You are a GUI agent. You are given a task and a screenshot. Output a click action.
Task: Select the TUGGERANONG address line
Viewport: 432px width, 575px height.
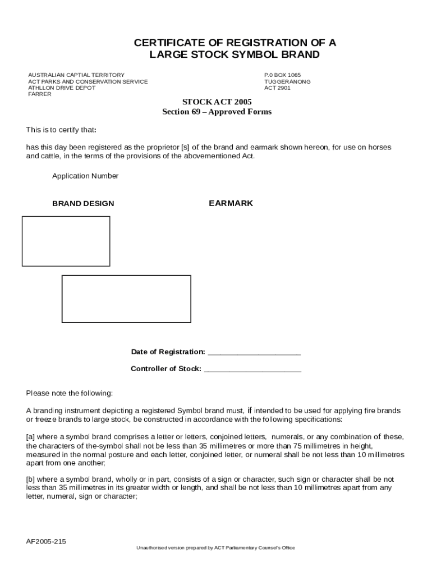pos(287,81)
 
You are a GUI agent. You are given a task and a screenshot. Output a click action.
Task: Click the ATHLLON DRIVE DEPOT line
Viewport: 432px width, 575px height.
pos(62,88)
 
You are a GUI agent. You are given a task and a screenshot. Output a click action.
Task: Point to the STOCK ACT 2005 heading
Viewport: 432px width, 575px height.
pos(217,102)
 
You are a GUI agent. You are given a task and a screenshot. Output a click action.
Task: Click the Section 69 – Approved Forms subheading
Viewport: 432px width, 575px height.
pos(217,112)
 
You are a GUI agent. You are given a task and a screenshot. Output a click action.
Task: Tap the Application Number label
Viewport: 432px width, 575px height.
pos(85,176)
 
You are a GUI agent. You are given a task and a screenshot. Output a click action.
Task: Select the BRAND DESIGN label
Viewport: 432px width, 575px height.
pos(83,203)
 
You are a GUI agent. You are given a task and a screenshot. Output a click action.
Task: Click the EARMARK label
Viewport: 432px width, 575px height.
pos(231,203)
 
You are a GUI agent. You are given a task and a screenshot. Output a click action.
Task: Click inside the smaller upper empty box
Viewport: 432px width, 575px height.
pos(66,241)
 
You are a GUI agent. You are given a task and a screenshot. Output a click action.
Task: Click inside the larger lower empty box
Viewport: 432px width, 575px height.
pos(126,299)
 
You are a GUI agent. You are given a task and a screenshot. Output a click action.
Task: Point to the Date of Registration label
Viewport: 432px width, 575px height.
pos(168,352)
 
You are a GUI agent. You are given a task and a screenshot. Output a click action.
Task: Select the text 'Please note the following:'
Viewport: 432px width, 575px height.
pos(70,393)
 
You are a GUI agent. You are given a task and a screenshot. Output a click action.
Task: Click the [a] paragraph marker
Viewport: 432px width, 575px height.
pos(30,437)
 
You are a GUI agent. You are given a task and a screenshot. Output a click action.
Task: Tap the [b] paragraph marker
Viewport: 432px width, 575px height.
pos(30,480)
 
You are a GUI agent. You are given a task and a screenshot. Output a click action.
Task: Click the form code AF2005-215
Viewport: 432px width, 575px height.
pos(46,541)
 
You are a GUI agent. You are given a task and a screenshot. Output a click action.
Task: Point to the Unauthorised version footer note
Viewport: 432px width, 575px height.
pos(216,547)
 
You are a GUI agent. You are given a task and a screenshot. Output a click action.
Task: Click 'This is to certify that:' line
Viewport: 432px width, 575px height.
pos(61,130)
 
